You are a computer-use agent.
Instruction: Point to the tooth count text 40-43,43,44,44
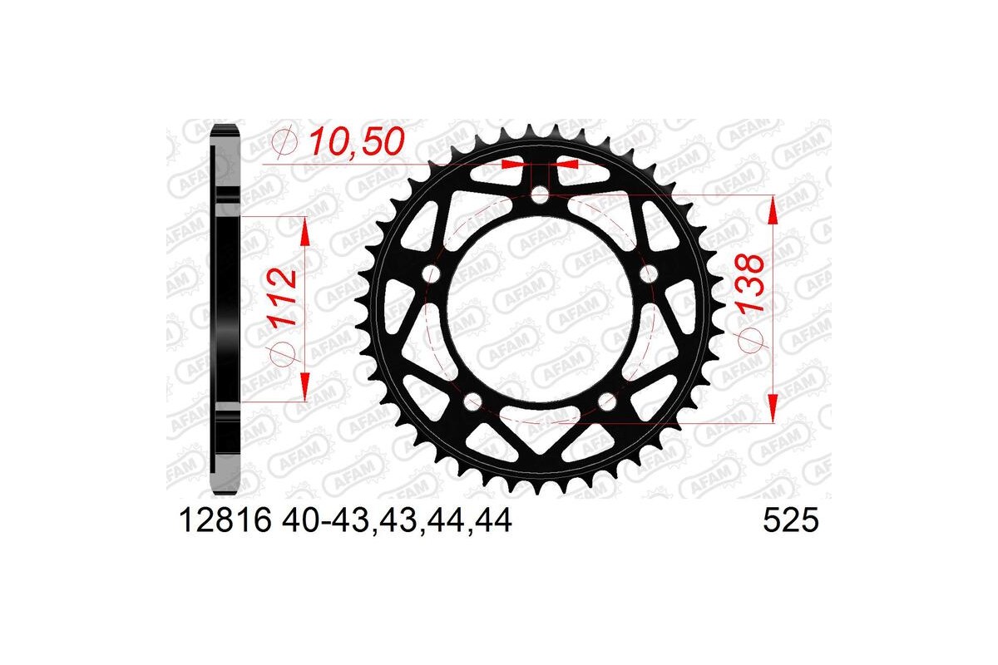click(398, 521)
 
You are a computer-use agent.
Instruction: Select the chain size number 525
click(791, 521)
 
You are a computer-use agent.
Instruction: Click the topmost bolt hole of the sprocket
click(541, 197)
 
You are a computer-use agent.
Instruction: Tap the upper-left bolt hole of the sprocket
click(432, 274)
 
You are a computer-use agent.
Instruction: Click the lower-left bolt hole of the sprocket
click(474, 402)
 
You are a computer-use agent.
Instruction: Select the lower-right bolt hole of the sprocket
click(607, 402)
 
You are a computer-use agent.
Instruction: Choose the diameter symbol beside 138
click(752, 343)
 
